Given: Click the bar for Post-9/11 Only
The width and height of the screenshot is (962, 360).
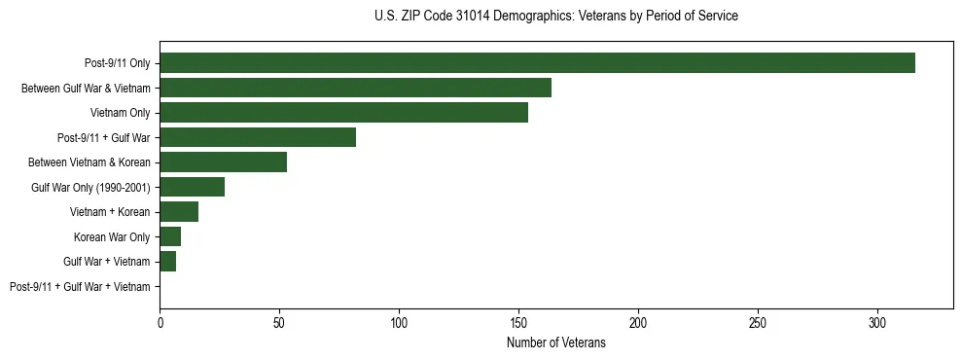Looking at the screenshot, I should (537, 63).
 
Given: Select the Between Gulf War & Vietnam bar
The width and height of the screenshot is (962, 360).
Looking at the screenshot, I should (355, 88).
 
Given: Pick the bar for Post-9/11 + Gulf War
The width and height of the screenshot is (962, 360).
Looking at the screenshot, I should (258, 137).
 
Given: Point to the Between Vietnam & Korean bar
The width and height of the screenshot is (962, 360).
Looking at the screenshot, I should (223, 162).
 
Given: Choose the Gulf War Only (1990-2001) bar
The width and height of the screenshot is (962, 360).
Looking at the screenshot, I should (192, 187).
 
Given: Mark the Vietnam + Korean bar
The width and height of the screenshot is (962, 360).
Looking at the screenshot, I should (179, 212).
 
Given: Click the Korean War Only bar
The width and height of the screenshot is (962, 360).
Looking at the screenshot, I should (170, 236).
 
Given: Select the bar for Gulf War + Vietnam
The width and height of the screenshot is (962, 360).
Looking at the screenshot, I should (167, 262).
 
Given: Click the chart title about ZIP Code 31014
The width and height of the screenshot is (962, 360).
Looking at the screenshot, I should (555, 17).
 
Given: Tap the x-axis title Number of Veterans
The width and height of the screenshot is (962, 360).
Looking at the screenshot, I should (555, 343).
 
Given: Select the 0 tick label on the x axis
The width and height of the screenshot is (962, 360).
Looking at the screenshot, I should (160, 321).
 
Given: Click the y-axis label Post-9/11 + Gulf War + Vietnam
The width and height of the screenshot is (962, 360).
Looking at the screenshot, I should (80, 287).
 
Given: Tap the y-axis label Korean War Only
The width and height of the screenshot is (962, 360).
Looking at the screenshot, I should (112, 237).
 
